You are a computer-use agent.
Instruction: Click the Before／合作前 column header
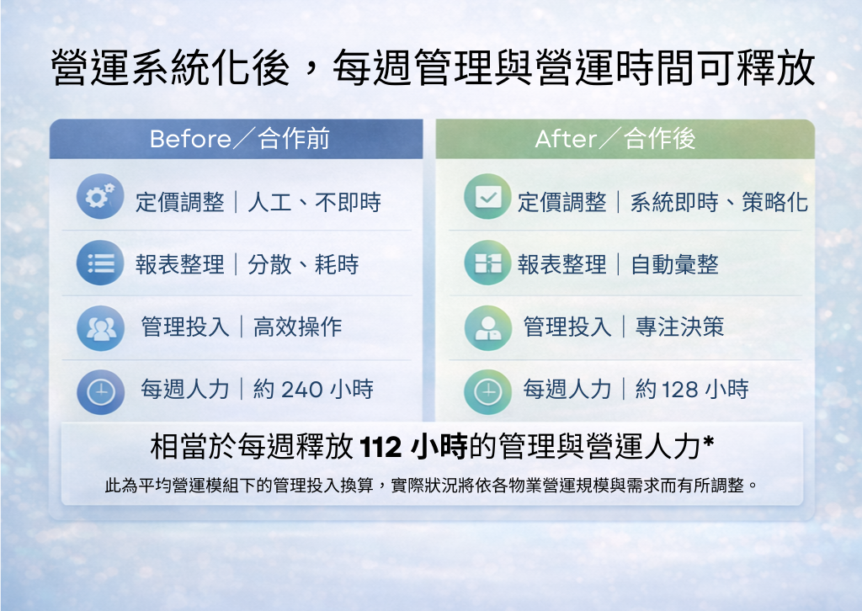[239, 139]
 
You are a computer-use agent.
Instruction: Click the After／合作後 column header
[615, 139]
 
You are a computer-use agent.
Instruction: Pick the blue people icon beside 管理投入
[100, 327]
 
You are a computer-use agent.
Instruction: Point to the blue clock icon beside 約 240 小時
[100, 391]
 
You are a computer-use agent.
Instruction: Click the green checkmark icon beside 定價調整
[487, 198]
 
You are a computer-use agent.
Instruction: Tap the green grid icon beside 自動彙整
[487, 263]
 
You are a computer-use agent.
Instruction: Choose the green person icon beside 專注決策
[487, 327]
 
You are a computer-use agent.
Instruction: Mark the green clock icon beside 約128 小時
[487, 391]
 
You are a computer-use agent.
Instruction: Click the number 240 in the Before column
[301, 390]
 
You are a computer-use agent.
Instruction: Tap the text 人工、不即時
[314, 202]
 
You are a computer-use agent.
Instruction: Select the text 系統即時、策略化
[719, 202]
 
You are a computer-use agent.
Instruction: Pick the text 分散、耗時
[303, 265]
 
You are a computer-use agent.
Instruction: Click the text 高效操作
[298, 327]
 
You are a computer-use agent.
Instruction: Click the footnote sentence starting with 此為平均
[431, 486]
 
